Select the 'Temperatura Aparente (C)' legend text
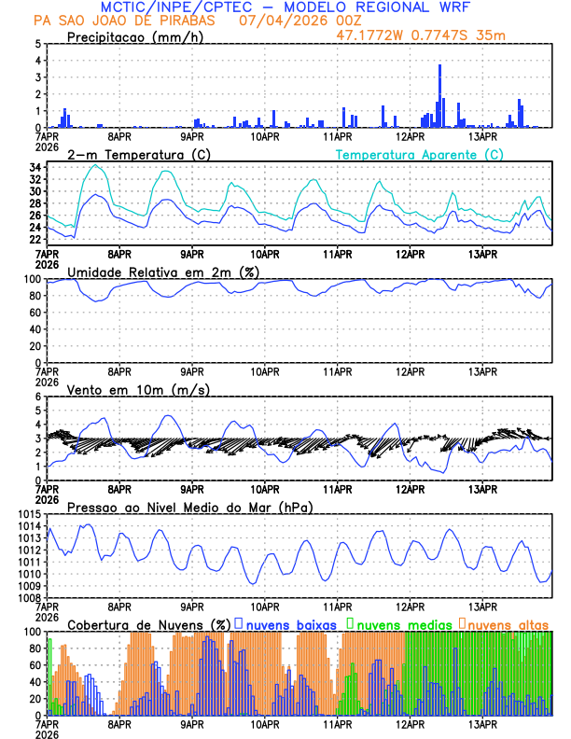(x=419, y=154)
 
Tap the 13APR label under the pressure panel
(x=483, y=606)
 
